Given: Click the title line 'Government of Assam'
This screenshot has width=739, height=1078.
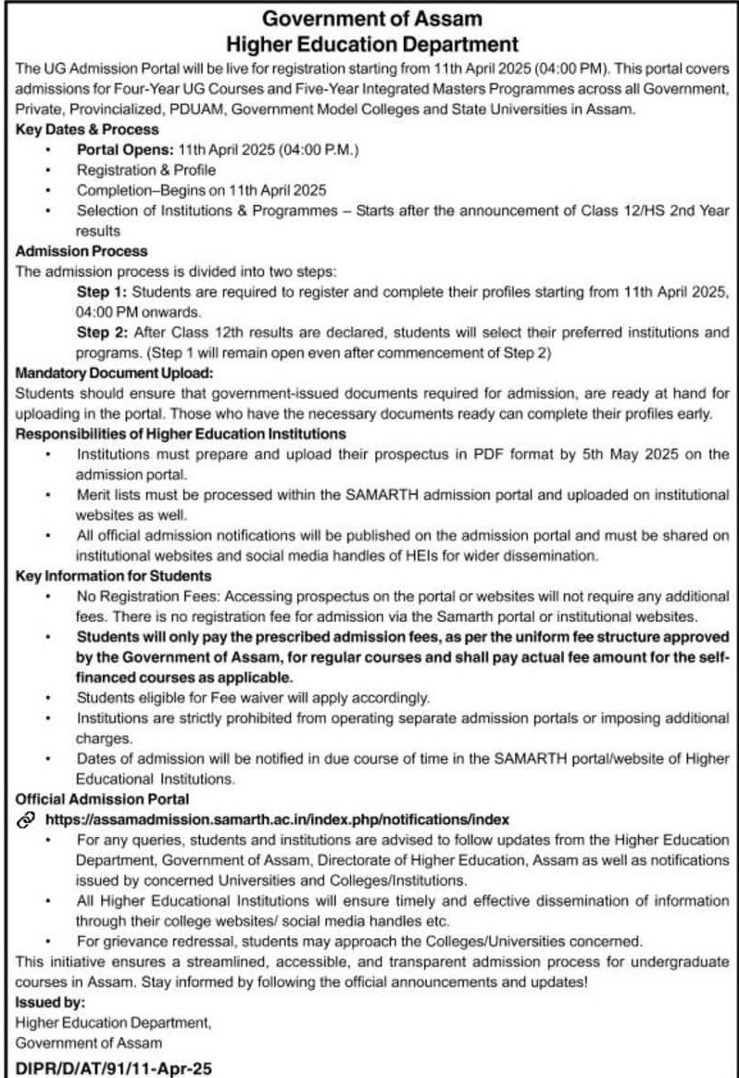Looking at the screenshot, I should pyautogui.click(x=369, y=18).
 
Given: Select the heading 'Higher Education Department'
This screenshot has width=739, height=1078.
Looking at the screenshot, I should pyautogui.click(x=369, y=43).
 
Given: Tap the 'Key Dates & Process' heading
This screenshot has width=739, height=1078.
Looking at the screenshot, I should pyautogui.click(x=88, y=131).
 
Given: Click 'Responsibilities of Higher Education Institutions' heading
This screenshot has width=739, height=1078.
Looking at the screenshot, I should pyautogui.click(x=182, y=433).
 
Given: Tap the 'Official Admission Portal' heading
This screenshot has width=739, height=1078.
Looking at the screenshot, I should pyautogui.click(x=103, y=797).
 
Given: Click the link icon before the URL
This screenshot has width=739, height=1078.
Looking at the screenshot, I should pyautogui.click(x=26, y=818).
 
